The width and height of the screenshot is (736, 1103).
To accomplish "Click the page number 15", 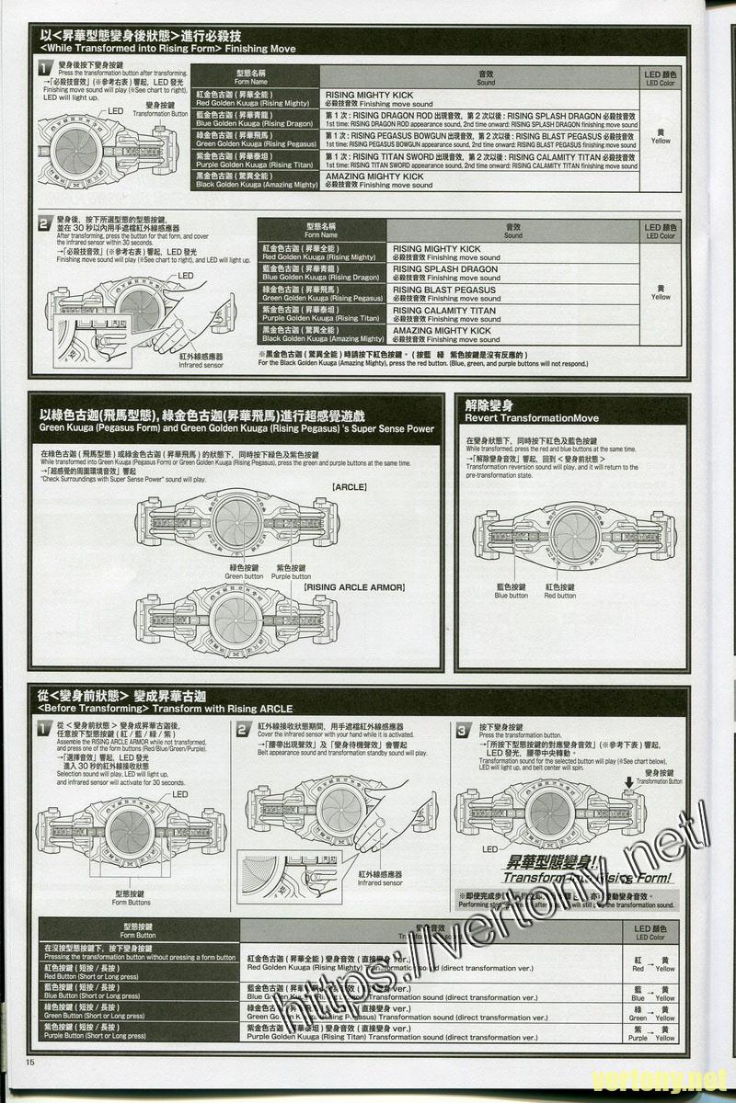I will pos(30,1063).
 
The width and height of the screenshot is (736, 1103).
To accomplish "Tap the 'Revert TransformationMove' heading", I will pos(532,418).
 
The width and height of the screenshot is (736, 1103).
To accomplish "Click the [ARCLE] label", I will pos(350,486).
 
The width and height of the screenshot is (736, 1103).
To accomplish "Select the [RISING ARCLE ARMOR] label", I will pos(354,586).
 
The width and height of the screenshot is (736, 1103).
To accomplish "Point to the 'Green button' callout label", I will pos(241,572).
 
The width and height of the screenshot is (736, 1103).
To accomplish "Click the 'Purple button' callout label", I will pos(292,572).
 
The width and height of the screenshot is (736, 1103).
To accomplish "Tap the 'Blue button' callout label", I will pos(511,591).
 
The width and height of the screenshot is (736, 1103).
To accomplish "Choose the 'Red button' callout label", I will pos(559,591).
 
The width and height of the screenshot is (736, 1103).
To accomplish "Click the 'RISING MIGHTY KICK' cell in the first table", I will pos(369,98).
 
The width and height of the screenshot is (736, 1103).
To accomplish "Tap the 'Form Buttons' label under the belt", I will pos(132,898).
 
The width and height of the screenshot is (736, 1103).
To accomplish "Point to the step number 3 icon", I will pos(464,730).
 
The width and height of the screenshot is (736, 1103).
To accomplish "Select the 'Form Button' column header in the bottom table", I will pos(138,931).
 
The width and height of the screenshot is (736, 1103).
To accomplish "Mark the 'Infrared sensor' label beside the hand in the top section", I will pos(201,360).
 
